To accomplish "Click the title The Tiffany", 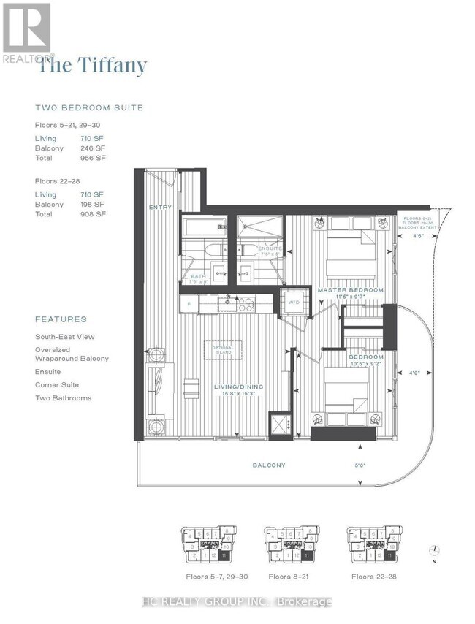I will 92,66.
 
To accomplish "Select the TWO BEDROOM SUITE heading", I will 88,107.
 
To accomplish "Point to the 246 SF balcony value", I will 93,148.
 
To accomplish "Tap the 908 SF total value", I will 93,214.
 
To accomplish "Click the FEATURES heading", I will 61,319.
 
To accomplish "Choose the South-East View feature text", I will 65,337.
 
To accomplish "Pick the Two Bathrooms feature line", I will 64,397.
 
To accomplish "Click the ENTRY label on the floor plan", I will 159,208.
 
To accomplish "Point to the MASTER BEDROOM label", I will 350,290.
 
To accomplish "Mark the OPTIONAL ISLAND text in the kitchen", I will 224,349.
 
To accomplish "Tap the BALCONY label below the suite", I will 269,465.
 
